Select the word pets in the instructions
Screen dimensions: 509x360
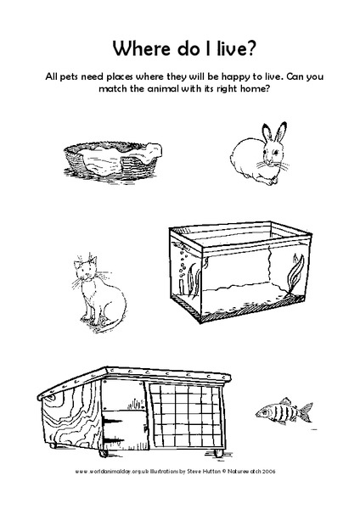pos(77,76)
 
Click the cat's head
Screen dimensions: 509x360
pos(84,269)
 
